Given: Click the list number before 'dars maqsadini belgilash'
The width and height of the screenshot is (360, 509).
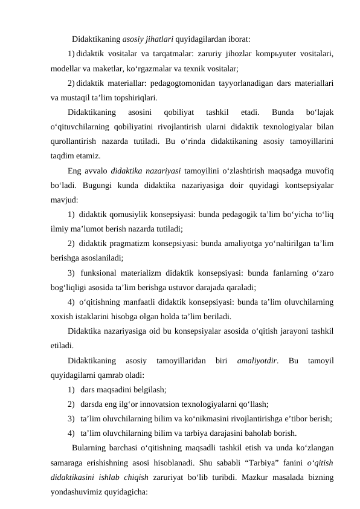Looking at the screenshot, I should click(x=72, y=389).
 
